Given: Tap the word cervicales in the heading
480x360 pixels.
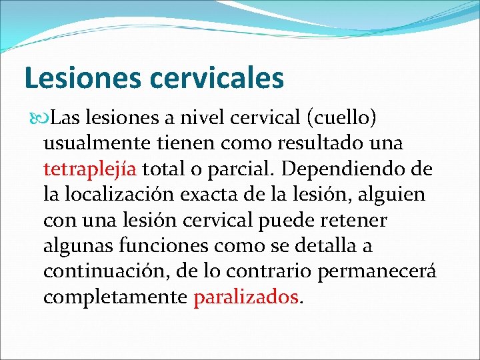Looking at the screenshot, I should (217, 77).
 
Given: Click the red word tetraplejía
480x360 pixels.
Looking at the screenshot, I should (91, 169).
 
